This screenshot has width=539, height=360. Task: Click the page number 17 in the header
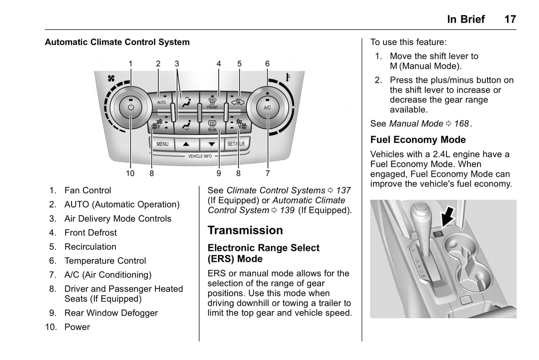[510, 19]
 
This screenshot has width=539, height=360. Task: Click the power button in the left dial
[131, 107]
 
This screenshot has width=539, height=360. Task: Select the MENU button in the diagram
[162, 144]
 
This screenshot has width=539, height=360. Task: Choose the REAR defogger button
[212, 125]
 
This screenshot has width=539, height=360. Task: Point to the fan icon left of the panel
[111, 78]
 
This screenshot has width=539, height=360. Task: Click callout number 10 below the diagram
[130, 173]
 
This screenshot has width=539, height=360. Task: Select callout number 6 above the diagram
[267, 64]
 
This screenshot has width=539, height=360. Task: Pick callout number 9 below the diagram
[219, 173]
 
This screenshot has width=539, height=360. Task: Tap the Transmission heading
[245, 230]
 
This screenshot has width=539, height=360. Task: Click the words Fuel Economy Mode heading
[418, 140]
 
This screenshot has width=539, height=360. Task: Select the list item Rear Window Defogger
[111, 313]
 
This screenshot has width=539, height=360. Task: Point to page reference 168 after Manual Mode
[461, 123]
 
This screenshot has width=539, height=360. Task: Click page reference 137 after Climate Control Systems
[343, 190]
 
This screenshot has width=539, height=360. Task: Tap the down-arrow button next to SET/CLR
[211, 144]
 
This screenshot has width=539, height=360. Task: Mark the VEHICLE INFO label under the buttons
[200, 156]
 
